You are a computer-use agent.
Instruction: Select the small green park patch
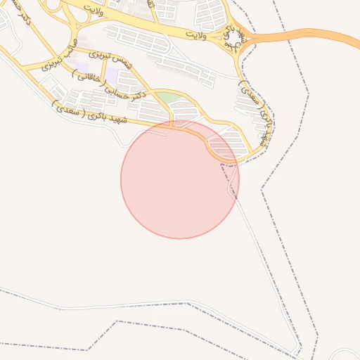pyautogui.click(x=165, y=98)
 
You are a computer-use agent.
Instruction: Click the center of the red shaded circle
pyautogui.click(x=180, y=179)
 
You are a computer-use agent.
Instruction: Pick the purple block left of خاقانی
pyautogui.click(x=83, y=69)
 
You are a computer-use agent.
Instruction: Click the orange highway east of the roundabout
pyautogui.click(x=309, y=33)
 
